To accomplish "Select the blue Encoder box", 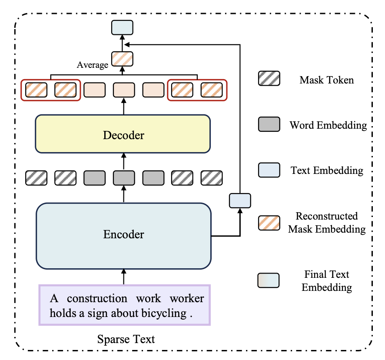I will (123, 235).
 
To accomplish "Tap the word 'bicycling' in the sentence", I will (166, 313).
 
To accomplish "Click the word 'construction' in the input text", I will (97, 299).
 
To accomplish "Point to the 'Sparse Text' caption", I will (126, 339).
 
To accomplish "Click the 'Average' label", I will (92, 65).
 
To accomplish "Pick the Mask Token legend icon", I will (269, 78).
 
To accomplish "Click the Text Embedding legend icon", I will (269, 170).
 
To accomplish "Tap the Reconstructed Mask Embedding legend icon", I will (269, 222).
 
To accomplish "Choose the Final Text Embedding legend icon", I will (269, 280).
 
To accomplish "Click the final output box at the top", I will (123, 27).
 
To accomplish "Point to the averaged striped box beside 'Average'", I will (123, 59).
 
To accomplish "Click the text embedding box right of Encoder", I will (240, 200).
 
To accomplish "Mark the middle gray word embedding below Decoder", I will (124, 178).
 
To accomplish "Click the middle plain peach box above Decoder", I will (124, 90).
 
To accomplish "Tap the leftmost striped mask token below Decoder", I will (36, 178).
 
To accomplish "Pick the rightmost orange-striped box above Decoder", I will (212, 90).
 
